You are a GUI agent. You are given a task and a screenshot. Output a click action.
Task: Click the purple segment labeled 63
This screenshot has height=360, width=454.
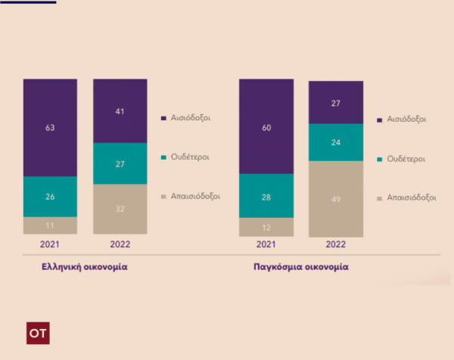click(x=50, y=127)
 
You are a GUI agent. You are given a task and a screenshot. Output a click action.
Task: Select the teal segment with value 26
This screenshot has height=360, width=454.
click(x=50, y=197)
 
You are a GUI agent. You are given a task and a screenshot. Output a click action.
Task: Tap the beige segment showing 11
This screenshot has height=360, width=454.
click(x=50, y=225)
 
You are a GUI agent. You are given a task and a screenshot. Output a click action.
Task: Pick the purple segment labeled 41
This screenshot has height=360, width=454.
click(x=120, y=110)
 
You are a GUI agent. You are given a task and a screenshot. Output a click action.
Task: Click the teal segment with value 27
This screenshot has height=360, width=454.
click(x=120, y=163)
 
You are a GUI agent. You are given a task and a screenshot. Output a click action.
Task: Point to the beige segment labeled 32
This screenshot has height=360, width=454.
click(x=120, y=209)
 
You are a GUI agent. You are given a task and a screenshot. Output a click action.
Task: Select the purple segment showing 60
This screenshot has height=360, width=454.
click(x=266, y=126)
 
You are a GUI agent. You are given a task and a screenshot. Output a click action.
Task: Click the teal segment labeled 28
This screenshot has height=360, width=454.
click(x=266, y=196)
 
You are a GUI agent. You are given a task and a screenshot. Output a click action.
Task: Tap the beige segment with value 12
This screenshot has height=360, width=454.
click(x=266, y=227)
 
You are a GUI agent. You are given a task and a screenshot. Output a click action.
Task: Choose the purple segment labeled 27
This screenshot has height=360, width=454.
click(x=335, y=102)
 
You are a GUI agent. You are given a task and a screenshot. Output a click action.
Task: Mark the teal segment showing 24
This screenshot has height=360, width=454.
click(x=335, y=142)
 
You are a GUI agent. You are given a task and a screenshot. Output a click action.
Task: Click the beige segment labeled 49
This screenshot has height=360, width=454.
click(x=335, y=199)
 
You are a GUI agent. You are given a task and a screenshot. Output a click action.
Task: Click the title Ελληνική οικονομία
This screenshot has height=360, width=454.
click(x=83, y=267)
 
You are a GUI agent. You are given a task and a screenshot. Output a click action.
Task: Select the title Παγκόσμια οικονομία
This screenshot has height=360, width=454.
click(x=300, y=267)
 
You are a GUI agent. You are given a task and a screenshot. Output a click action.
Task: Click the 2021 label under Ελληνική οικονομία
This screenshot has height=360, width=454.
click(x=50, y=245)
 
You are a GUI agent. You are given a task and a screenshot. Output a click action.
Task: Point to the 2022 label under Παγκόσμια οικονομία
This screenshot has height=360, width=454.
click(x=335, y=245)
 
